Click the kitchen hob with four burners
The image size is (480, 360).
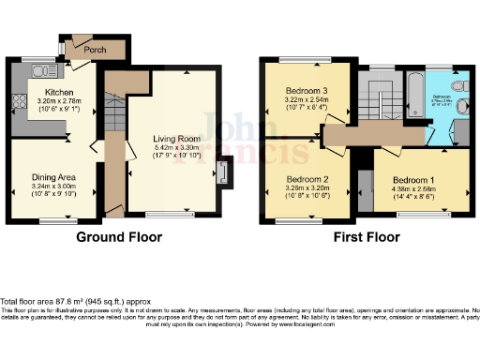click(x=17, y=97)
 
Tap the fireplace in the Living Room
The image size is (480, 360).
click(x=220, y=172)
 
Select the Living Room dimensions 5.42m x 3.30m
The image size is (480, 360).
click(x=177, y=148)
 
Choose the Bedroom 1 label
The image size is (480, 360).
click(x=413, y=179)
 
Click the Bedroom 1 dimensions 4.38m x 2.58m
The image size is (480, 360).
click(x=413, y=188)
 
